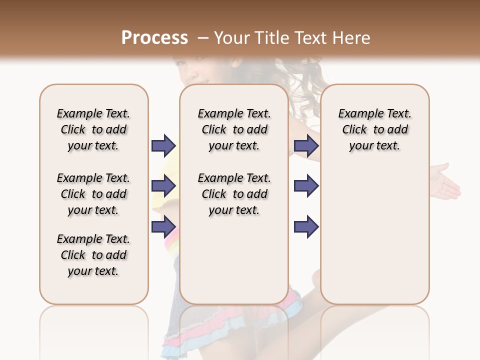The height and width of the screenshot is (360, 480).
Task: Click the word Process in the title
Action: [x=154, y=37]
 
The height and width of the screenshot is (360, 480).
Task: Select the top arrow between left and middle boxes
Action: [x=163, y=145]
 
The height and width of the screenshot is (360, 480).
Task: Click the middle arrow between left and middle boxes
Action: [x=163, y=186]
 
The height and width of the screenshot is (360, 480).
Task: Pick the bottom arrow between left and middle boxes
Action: [x=163, y=226]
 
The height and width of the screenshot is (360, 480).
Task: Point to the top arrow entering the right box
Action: [x=306, y=145]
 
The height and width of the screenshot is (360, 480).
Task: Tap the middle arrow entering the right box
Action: [x=306, y=186]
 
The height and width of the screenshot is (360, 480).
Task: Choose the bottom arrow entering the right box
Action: [x=306, y=226]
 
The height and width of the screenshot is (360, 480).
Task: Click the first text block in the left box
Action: [x=93, y=129]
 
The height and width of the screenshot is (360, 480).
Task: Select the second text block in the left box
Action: [x=93, y=194]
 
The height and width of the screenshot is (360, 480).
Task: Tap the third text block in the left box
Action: [x=93, y=255]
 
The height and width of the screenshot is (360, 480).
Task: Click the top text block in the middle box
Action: [x=234, y=129]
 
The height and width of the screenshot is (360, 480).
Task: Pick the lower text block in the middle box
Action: [x=234, y=194]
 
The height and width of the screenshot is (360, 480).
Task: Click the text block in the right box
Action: [x=374, y=129]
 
